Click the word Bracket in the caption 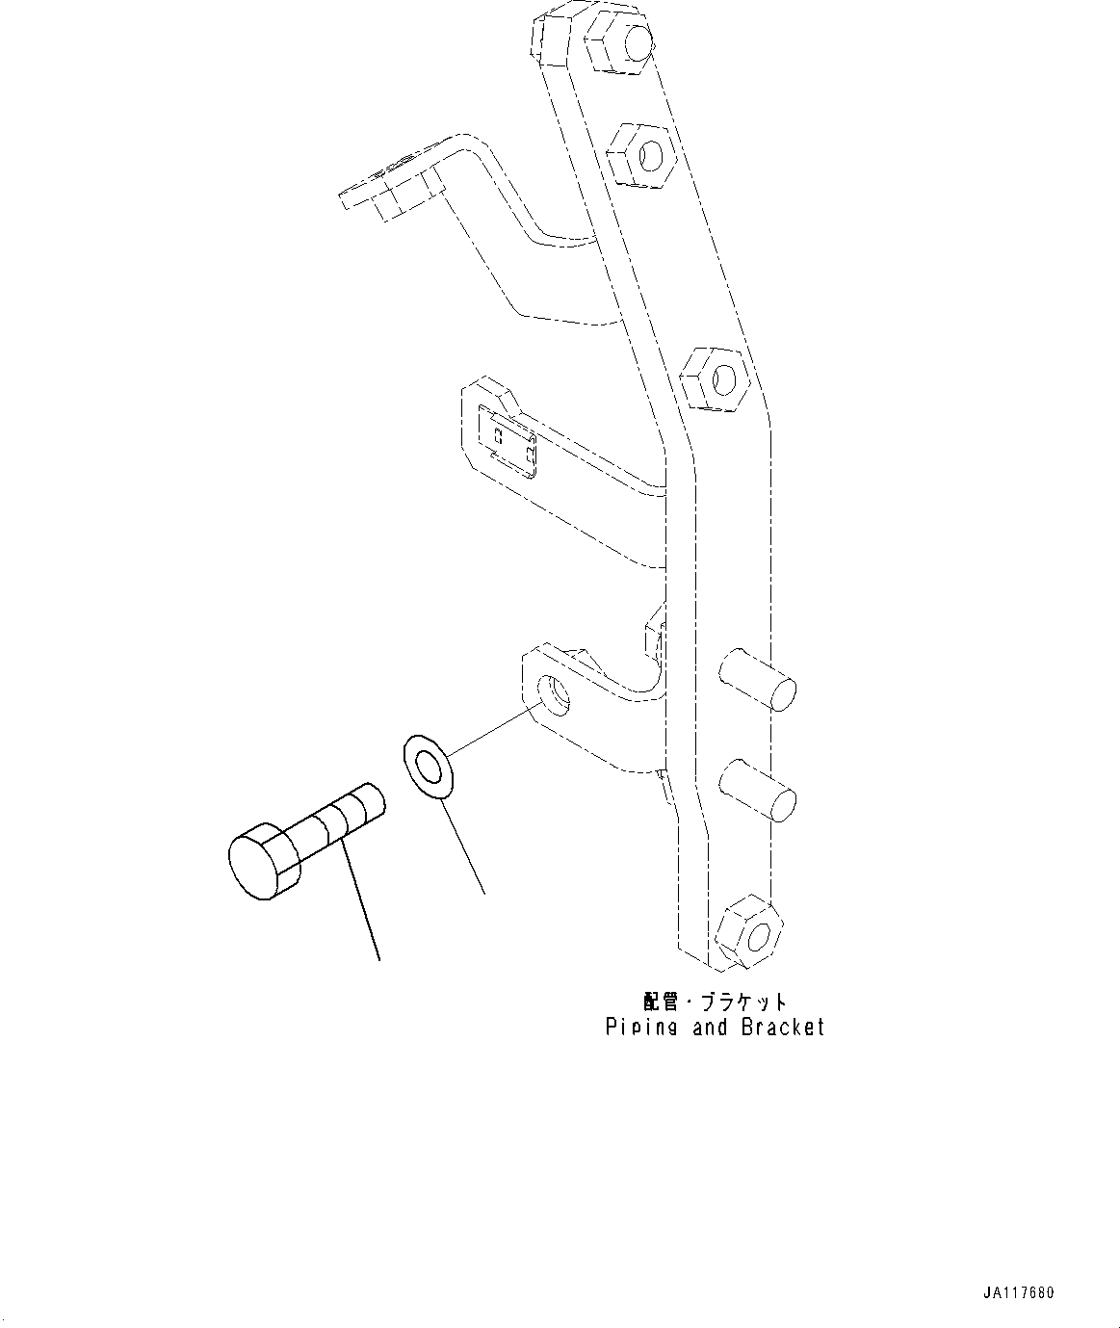click(x=783, y=1028)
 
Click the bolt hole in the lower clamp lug click(x=554, y=693)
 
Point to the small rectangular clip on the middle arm click(x=508, y=439)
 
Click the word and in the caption click(x=710, y=1028)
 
